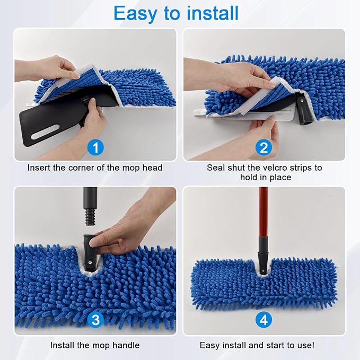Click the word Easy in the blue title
click(x=135, y=14)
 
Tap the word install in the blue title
click(x=213, y=13)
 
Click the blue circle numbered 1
click(x=95, y=147)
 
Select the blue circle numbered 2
click(x=264, y=147)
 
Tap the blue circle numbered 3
click(x=95, y=320)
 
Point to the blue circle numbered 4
click(x=264, y=320)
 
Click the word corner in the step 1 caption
click(x=81, y=168)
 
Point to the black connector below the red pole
click(x=263, y=255)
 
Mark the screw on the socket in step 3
click(x=90, y=263)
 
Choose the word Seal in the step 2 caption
click(x=216, y=168)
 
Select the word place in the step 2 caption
click(x=280, y=178)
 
